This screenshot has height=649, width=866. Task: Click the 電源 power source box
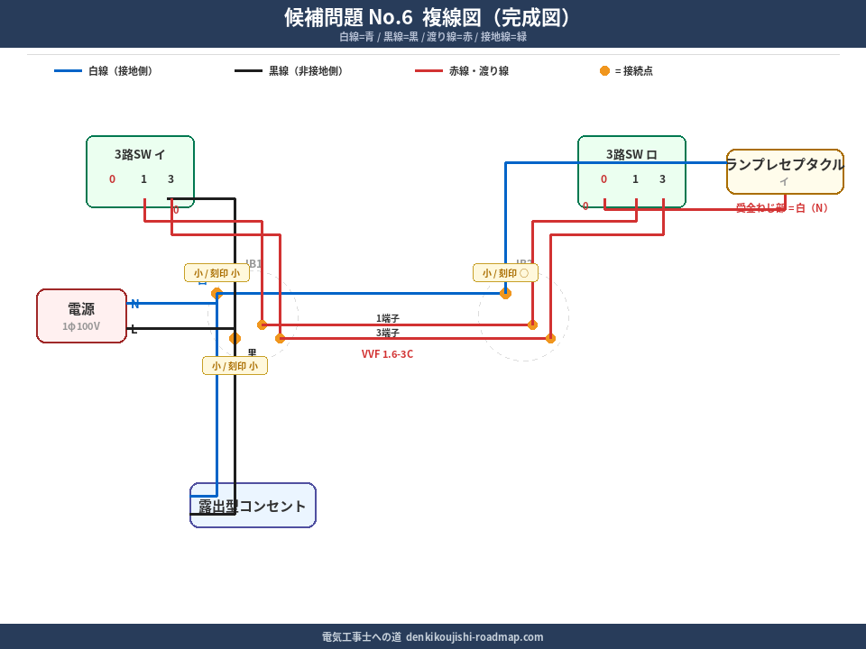point(81,315)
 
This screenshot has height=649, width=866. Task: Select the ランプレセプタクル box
point(785,171)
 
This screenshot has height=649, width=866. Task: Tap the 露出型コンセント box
point(253,506)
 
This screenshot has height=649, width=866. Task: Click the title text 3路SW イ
point(140,154)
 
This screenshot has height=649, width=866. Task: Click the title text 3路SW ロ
point(631,154)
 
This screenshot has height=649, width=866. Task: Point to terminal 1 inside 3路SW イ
point(143,179)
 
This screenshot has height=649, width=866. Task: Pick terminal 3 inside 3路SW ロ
point(662,179)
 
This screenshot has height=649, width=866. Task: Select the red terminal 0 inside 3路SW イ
point(112,179)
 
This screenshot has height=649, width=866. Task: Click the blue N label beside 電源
point(134,304)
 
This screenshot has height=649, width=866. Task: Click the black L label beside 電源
point(134,329)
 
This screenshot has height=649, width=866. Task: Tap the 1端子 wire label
point(388,318)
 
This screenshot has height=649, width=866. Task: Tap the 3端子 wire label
point(388,333)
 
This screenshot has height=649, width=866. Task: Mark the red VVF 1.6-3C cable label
point(387,354)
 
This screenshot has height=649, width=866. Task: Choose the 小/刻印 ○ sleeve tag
point(505,273)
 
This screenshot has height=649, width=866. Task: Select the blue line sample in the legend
point(68,71)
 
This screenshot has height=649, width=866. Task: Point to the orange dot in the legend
point(604,71)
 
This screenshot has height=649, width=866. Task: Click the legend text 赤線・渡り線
point(478,71)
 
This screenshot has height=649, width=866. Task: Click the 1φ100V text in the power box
point(81,326)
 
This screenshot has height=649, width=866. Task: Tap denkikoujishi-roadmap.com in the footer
point(474,636)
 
